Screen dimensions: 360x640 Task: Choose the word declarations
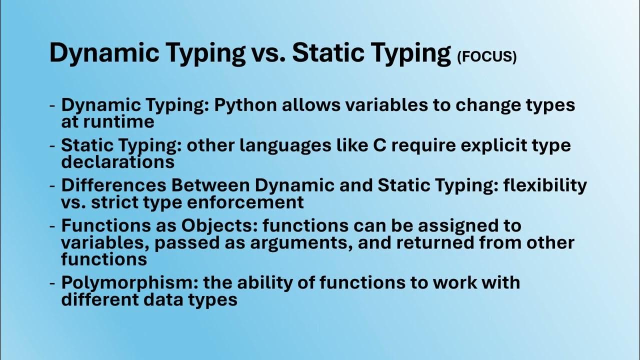[x=117, y=161]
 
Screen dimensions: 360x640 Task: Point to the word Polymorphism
[x=129, y=282]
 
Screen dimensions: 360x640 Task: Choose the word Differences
[x=113, y=185]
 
